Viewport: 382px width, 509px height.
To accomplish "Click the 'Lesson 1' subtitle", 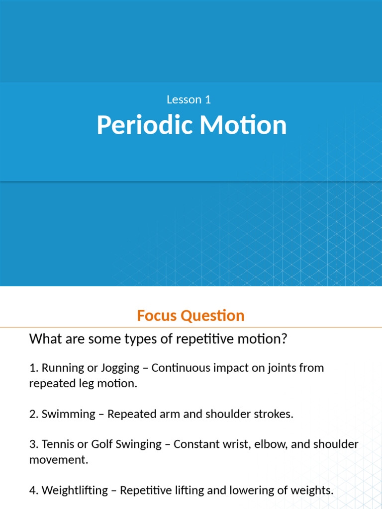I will [x=189, y=99].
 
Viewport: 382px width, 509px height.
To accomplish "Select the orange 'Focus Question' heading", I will [x=191, y=316].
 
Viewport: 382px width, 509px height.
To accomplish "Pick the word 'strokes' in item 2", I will [x=274, y=414].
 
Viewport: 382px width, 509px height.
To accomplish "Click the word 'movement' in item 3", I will [x=57, y=460].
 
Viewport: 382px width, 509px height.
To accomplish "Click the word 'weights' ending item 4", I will [x=313, y=491].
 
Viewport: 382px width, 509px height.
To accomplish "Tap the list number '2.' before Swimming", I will [x=34, y=414].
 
